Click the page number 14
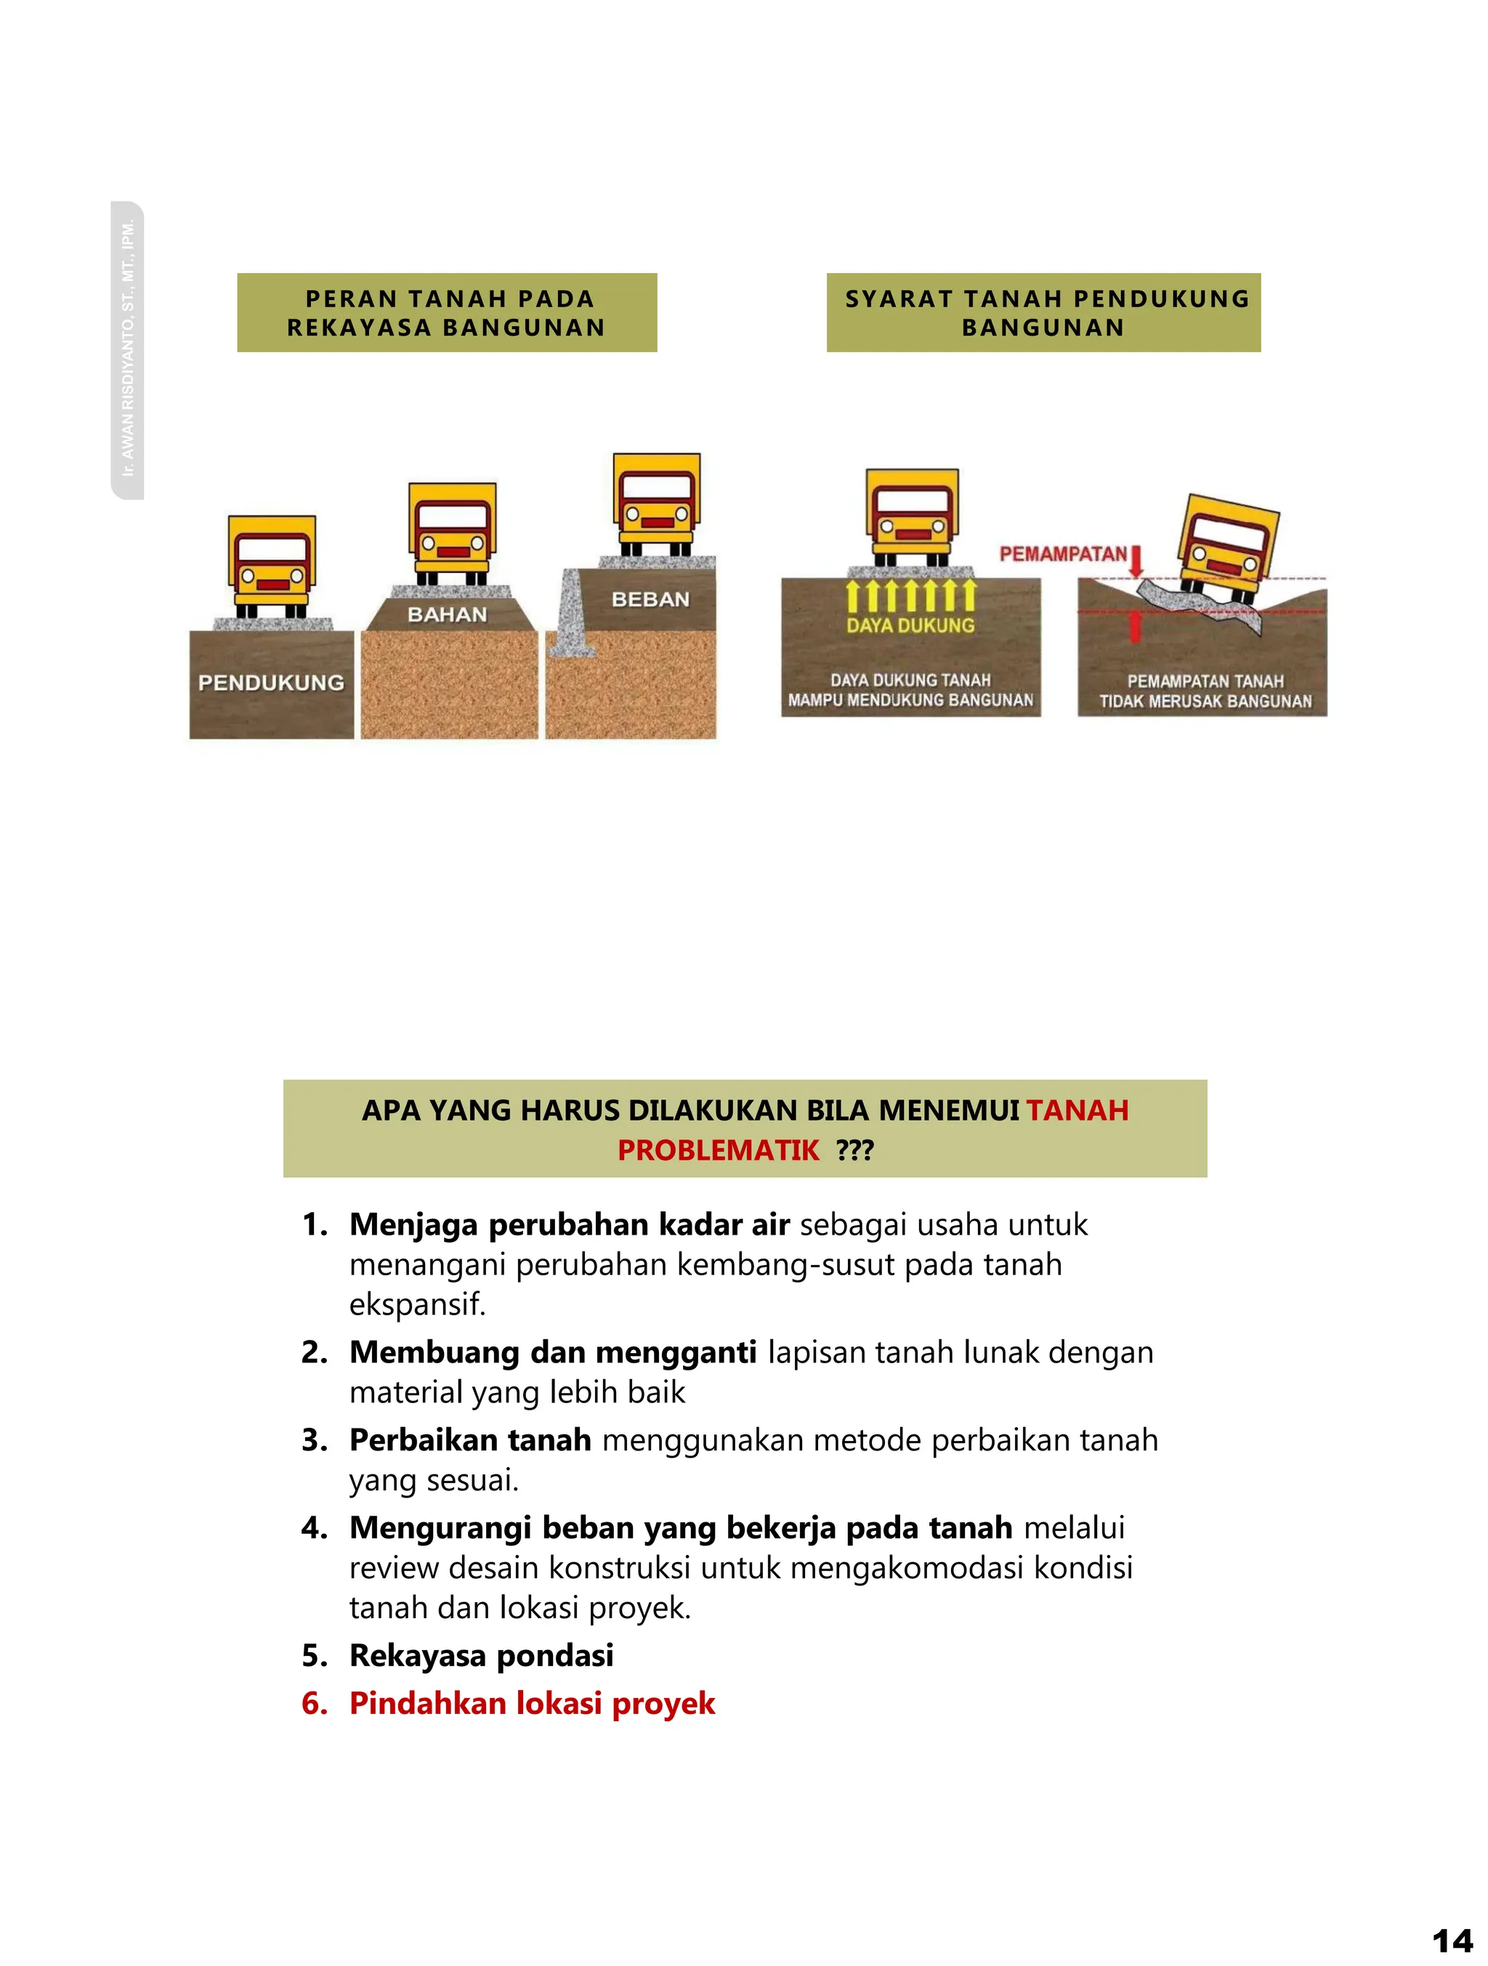1452,1938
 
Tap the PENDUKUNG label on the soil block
271,683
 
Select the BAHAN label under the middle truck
447,614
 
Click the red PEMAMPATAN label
1062,553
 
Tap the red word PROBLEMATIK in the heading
719,1150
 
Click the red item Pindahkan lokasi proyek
532,1703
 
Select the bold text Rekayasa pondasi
481,1655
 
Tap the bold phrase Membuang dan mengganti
553,1352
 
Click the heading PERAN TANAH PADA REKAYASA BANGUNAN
446,313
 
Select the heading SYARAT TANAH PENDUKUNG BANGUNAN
1043,313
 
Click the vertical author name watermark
128,349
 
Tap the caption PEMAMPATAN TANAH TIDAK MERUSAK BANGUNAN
1205,691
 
